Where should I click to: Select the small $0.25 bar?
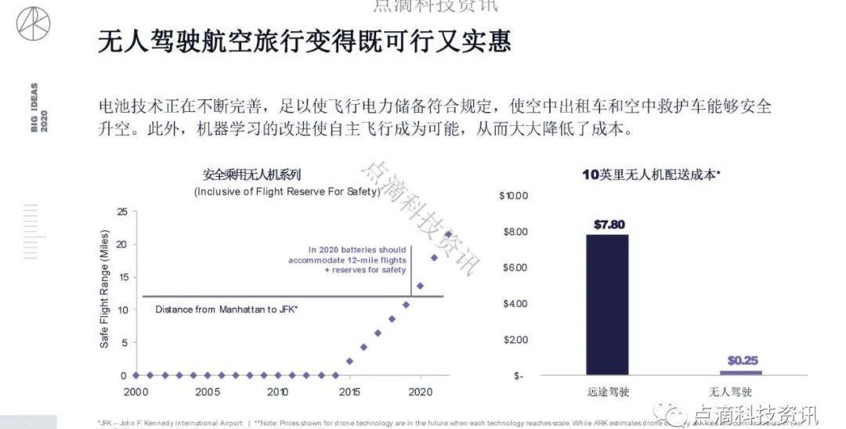coord(740,373)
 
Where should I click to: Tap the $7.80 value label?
coord(609,225)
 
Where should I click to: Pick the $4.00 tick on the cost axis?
coord(515,304)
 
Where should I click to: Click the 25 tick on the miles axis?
coord(121,211)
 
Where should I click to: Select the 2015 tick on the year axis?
coord(349,391)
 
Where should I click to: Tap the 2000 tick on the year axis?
coord(136,391)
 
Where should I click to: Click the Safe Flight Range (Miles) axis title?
coord(104,290)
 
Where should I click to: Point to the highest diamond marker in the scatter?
coord(448,234)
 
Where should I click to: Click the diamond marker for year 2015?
coord(349,362)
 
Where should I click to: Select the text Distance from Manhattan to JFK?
coord(226,309)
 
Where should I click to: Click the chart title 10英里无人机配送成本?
coord(650,175)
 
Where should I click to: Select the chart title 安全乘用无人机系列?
coord(251,175)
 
